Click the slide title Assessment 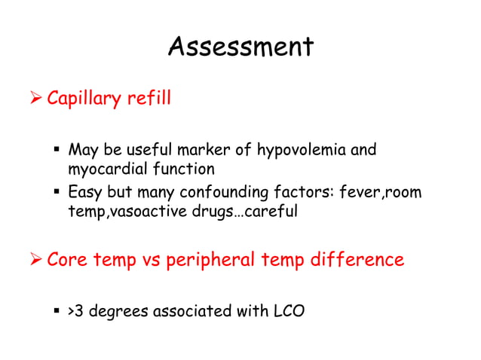click(x=240, y=47)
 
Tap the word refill click(x=148, y=99)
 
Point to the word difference click(x=354, y=260)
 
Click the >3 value click(x=76, y=310)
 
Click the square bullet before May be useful click(x=56, y=151)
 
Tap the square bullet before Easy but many click(x=56, y=194)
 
